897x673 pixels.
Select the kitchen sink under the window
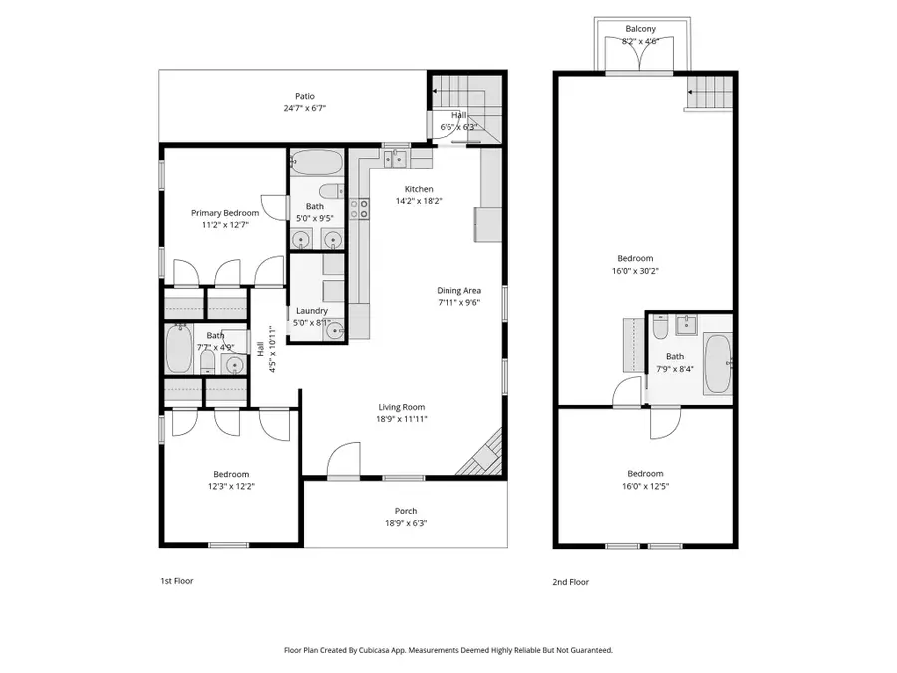pos(397,158)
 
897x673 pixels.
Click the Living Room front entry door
pos(344,460)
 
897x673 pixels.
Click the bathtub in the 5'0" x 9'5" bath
pos(316,162)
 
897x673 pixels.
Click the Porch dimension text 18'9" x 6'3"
pos(406,523)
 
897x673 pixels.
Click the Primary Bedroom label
pos(225,213)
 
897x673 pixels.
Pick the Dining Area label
pos(458,291)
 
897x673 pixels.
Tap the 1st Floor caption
pos(176,581)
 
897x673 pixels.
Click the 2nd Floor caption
pos(571,581)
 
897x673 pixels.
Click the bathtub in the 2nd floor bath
pos(717,364)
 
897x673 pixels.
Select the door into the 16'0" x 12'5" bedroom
pos(665,424)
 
